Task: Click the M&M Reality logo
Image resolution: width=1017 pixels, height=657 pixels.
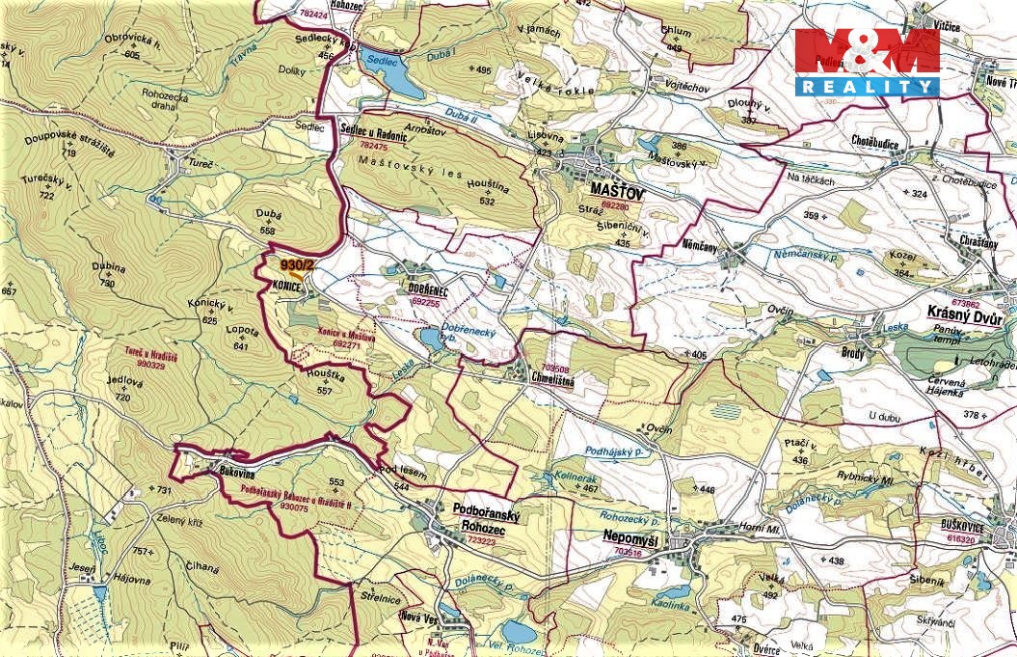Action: coord(867,62)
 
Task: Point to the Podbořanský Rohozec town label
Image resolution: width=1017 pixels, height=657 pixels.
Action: coord(487,522)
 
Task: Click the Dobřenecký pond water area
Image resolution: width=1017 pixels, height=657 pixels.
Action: coord(430,339)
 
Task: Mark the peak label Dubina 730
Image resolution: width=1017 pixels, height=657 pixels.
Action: coord(109,274)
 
